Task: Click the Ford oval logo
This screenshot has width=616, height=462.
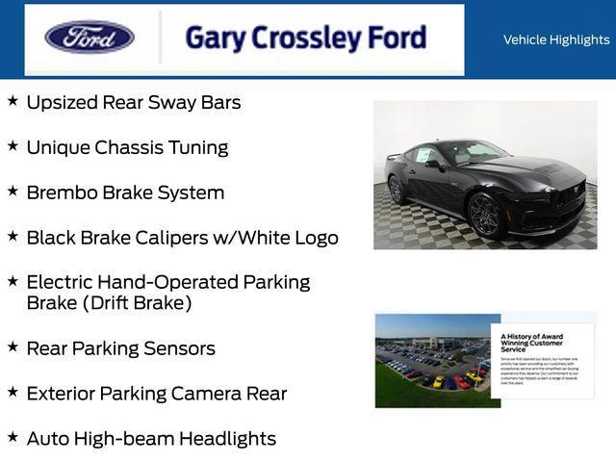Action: coord(90,38)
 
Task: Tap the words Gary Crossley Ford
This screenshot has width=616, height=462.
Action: coord(305,38)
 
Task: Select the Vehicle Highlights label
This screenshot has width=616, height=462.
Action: coord(556,39)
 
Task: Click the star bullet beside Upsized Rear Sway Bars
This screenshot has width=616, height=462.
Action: coord(13,100)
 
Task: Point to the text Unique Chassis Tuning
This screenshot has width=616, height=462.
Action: coord(127,147)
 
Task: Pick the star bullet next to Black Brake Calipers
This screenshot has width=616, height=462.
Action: coord(13,235)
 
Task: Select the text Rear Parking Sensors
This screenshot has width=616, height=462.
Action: coord(120,348)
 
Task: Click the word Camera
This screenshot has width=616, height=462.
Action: coord(205,394)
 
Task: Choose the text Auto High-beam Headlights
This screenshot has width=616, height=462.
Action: coord(151,439)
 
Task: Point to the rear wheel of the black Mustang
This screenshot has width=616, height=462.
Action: coord(396,189)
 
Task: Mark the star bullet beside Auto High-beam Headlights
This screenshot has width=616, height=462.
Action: coord(13,437)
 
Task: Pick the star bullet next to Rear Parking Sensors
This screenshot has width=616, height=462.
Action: coord(13,346)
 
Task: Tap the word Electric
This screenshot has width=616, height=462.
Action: coord(62,283)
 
